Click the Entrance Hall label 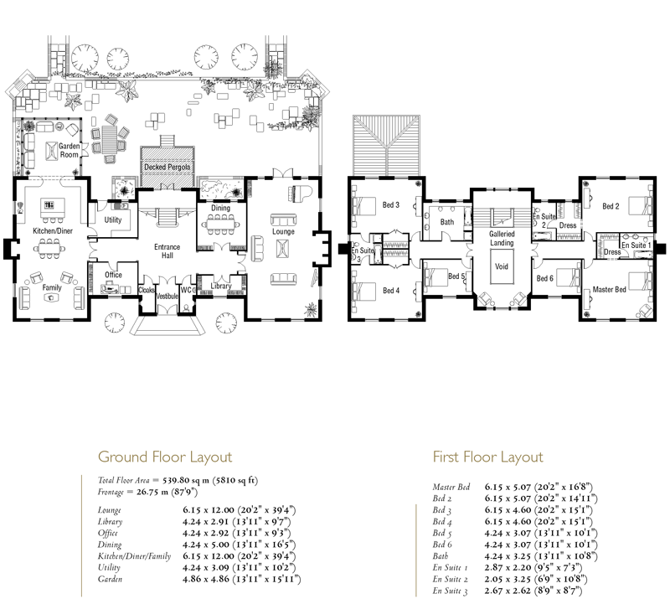[167, 251]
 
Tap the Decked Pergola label [167, 168]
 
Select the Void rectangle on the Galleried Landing [502, 266]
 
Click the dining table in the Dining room [220, 224]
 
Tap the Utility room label [113, 219]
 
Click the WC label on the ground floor [186, 290]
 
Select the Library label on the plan [221, 286]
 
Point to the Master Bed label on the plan [610, 289]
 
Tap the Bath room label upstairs [447, 222]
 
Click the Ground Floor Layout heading [165, 457]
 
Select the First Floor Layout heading [488, 457]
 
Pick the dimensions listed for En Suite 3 [533, 591]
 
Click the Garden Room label [69, 151]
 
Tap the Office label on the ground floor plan [113, 275]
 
